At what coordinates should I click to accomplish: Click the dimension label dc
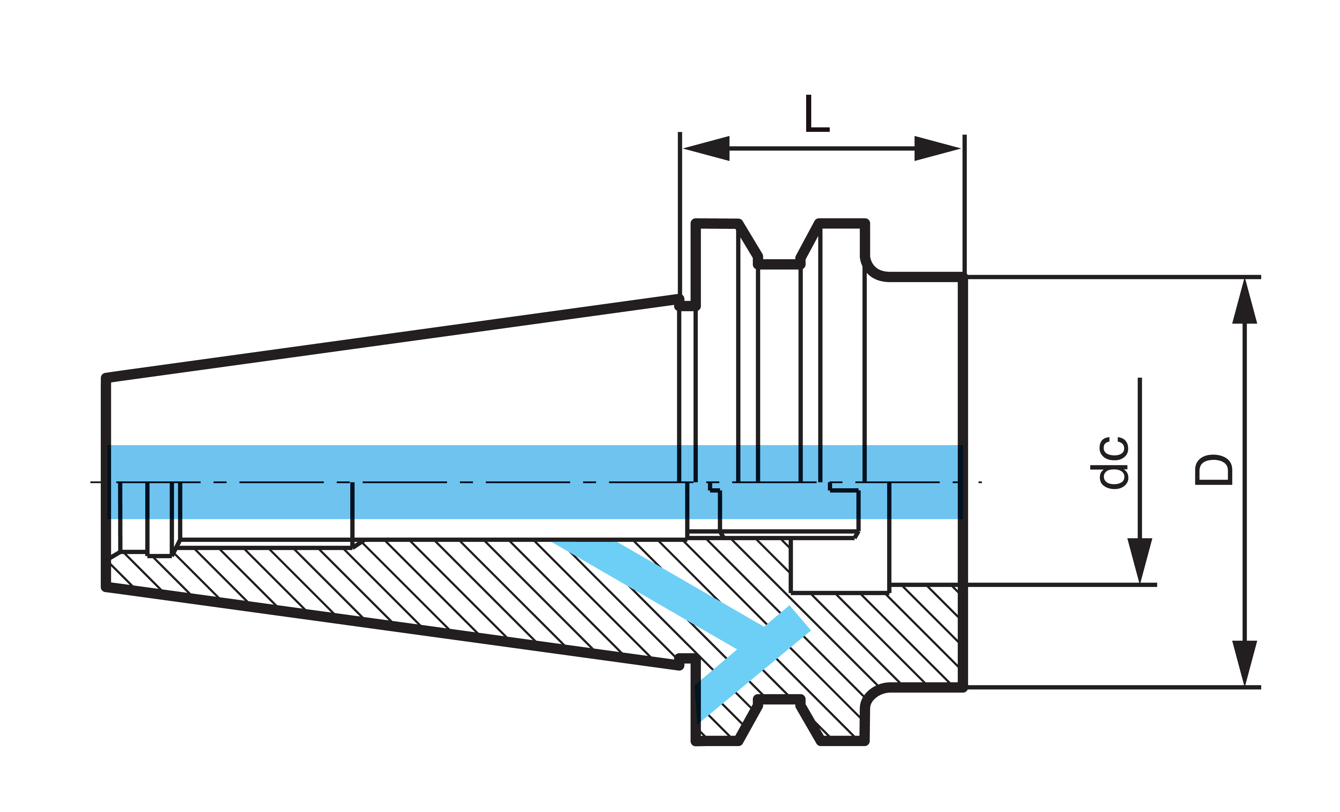[1113, 462]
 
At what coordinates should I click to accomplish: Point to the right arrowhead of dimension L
[936, 148]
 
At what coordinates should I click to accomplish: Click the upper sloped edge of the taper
[392, 338]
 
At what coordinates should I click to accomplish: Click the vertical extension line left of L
[680, 212]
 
